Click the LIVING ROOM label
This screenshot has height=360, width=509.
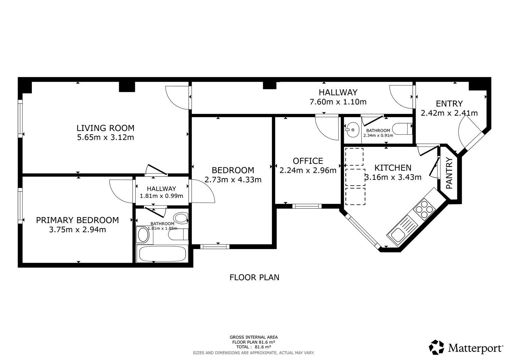pos(105,128)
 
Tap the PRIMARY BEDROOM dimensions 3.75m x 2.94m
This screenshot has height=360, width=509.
pos(77,230)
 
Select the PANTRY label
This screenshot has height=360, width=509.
pos(449,173)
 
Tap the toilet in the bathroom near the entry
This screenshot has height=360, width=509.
pos(402,129)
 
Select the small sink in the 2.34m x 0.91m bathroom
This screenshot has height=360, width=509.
pos(352,130)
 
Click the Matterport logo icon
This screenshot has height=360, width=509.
pos(436,347)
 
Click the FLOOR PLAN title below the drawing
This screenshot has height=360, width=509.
pos(254,277)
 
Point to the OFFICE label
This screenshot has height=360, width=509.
pos(308,161)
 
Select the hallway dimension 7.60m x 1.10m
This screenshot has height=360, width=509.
pos(338,102)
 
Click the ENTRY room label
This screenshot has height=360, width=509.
pos(449,103)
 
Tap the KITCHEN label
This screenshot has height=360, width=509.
pos(393,168)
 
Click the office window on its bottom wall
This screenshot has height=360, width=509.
pos(307,206)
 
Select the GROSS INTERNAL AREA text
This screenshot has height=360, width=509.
pos(253,337)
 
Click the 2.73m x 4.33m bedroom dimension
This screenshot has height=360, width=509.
pos(233,179)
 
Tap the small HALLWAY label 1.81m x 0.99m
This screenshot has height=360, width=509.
pos(161,189)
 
